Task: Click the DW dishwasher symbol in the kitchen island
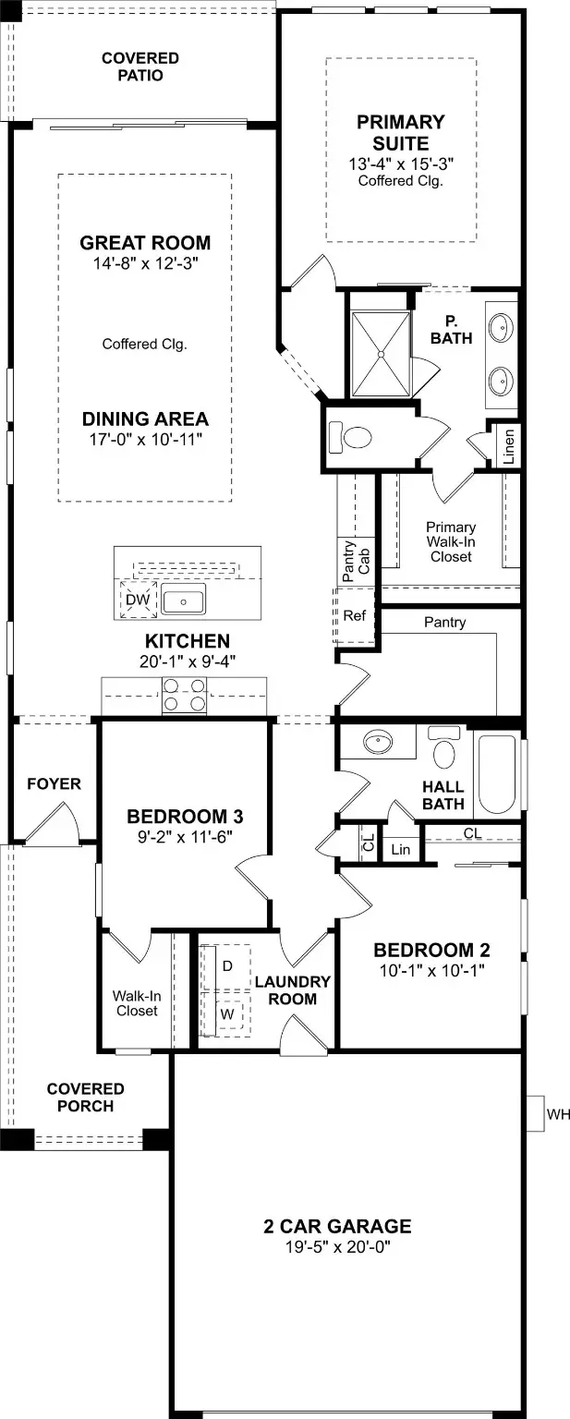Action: (138, 600)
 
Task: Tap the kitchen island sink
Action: (183, 600)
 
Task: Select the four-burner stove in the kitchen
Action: (184, 695)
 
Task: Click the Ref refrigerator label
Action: (354, 615)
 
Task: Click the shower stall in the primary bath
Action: (382, 354)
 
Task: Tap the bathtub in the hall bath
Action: (498, 773)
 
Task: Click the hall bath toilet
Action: (444, 748)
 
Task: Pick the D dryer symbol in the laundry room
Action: (226, 966)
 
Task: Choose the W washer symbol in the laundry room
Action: (226, 1013)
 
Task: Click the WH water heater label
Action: (558, 1113)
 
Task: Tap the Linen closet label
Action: (509, 446)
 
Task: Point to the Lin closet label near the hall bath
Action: (400, 850)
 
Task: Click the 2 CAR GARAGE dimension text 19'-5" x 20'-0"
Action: (337, 1247)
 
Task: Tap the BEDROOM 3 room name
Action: (185, 817)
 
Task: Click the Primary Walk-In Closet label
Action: (451, 542)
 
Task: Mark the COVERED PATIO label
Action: (140, 67)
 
